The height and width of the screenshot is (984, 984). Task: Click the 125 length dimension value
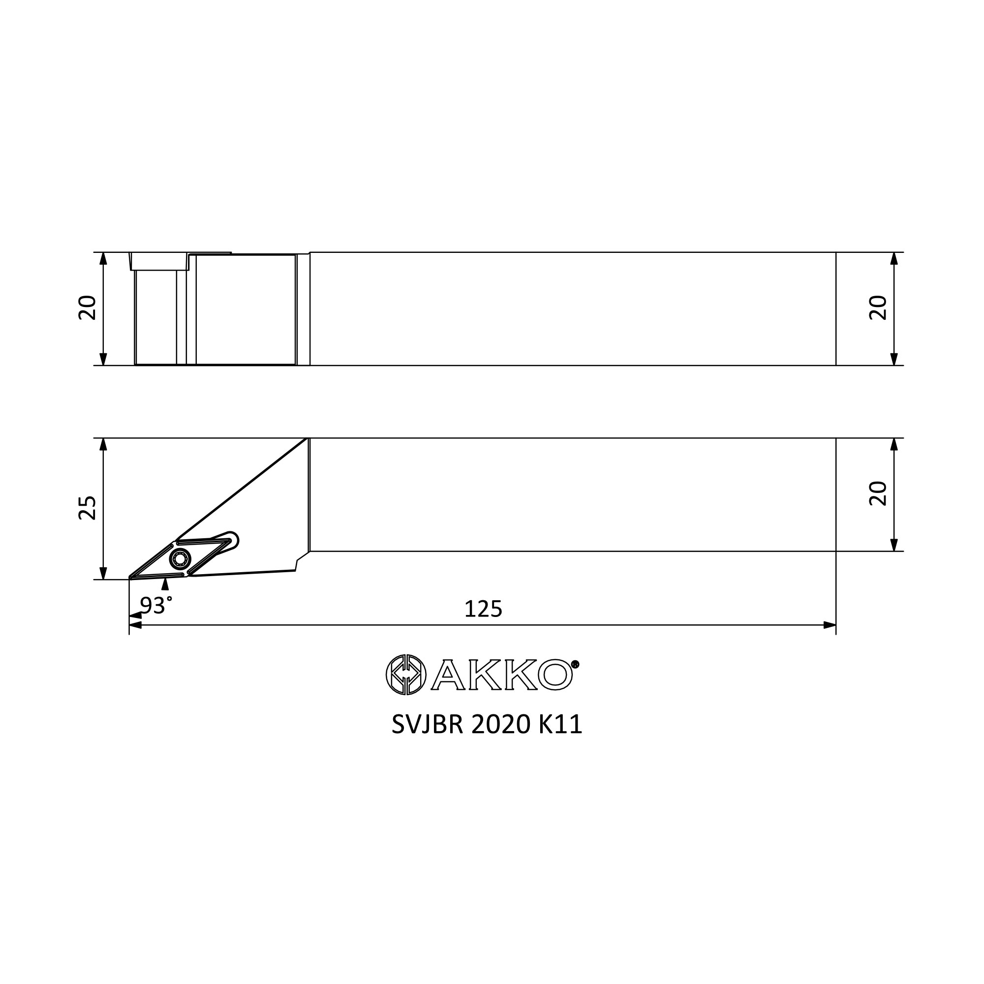pos(483,609)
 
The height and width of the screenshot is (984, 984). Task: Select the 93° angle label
pos(156,605)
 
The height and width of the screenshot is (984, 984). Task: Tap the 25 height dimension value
pos(88,507)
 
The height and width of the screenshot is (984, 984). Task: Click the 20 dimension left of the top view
pos(88,307)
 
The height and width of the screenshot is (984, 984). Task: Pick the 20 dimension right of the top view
pos(878,307)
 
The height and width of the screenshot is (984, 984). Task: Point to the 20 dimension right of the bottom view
pos(878,493)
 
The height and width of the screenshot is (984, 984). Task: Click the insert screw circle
pos(180,559)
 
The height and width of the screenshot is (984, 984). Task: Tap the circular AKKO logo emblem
pos(406,675)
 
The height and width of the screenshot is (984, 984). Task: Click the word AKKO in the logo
pos(502,675)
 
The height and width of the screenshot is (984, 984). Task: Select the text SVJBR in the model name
pos(428,725)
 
